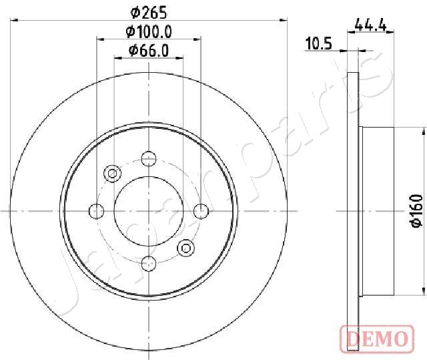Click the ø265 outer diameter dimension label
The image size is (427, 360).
click(148, 13)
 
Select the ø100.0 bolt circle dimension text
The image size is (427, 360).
click(149, 32)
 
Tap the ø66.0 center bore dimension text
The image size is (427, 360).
click(149, 51)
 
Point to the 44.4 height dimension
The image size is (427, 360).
click(371, 25)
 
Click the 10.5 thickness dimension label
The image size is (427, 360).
click(319, 44)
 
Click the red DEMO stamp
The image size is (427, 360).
click(377, 339)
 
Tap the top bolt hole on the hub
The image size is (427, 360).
click(149, 158)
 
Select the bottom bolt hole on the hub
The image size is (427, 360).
click(149, 264)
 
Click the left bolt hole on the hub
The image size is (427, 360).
click(96, 211)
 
